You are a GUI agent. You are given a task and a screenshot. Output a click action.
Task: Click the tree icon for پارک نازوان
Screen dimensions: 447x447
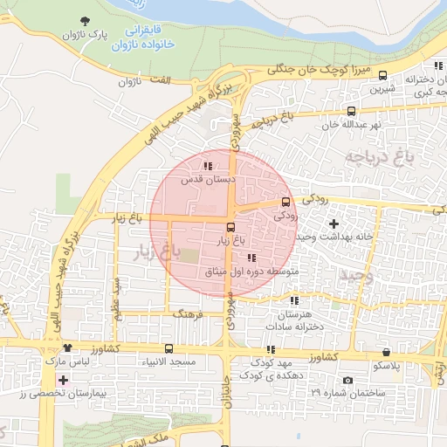[84, 21]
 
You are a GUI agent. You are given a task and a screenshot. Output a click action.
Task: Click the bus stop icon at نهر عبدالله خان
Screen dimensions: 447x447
[351, 111]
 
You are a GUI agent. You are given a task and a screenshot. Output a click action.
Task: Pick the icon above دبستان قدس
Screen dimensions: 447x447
[208, 166]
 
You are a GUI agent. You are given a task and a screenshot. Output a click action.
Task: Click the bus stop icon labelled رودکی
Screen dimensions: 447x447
[285, 201]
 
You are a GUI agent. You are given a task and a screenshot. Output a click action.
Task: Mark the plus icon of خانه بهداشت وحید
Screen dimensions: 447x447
[334, 224]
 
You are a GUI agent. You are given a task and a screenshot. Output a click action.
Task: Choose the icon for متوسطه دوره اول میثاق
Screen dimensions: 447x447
[251, 258]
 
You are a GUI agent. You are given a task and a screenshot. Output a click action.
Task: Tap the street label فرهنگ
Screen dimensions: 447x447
[188, 313]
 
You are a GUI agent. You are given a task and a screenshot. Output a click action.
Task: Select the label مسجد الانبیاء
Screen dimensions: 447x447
[196, 361]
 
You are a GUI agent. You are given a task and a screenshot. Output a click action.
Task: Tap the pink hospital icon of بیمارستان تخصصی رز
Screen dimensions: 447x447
[62, 380]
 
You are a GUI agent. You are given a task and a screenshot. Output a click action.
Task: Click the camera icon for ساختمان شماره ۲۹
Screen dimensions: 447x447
[347, 380]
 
